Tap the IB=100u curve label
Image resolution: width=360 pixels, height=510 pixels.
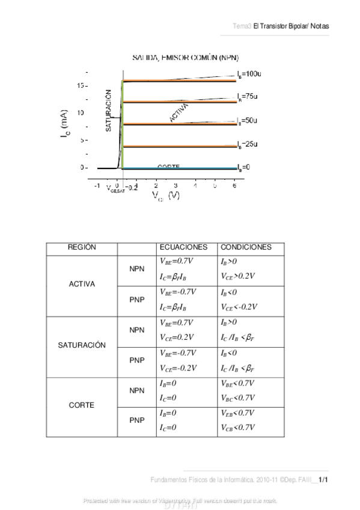tap(248, 73)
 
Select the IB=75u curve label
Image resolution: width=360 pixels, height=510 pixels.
tap(247, 96)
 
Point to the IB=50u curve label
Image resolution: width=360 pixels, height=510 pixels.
tap(247, 121)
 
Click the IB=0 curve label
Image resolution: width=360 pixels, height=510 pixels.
tap(243, 167)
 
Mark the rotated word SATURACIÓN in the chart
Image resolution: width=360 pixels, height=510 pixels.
tap(109, 111)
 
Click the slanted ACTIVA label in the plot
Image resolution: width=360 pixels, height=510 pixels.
tap(179, 112)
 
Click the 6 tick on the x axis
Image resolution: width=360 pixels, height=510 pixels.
tap(234, 186)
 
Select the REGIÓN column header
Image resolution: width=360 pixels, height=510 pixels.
tap(82, 247)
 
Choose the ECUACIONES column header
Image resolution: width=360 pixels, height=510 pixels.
tap(183, 247)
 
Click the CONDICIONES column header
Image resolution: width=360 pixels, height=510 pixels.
tap(246, 247)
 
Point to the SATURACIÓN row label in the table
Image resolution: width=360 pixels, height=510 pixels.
tap(82, 346)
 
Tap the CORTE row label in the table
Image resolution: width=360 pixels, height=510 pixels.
tap(82, 405)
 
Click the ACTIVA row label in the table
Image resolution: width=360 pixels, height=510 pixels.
tap(82, 284)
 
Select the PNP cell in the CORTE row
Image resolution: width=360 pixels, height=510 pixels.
tap(137, 420)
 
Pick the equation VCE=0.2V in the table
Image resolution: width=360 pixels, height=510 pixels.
tap(177, 338)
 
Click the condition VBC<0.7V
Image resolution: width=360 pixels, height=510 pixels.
tap(238, 398)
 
